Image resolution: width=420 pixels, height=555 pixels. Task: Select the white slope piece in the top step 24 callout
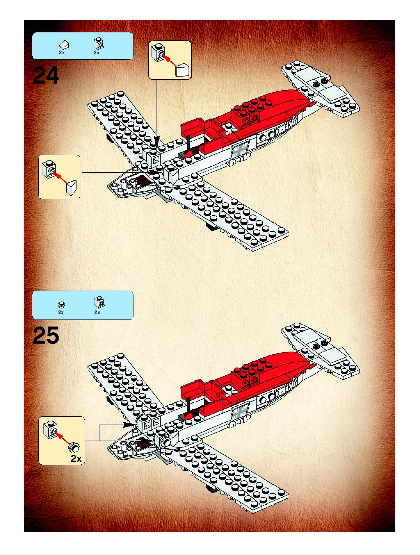click(x=182, y=70)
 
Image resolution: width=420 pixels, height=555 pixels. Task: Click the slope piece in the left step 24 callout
click(x=71, y=188)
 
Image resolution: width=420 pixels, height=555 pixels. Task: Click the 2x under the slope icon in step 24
click(x=62, y=53)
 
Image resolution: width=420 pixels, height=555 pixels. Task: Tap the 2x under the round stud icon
click(x=61, y=312)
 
